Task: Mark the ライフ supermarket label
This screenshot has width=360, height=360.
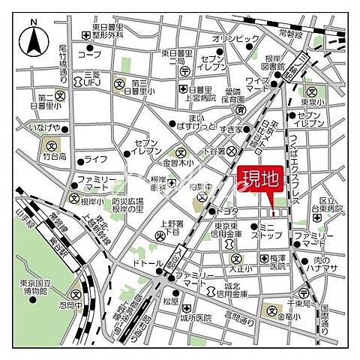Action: pyautogui.click(x=95, y=159)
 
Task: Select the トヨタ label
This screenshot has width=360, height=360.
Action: pyautogui.click(x=227, y=211)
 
